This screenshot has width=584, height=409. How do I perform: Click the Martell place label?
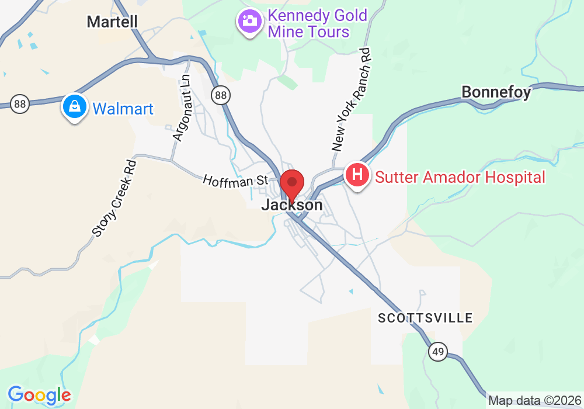click(x=112, y=22)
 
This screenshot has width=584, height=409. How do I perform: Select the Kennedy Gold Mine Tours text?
click(x=317, y=23)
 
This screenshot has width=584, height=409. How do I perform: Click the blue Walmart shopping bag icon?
click(x=75, y=107)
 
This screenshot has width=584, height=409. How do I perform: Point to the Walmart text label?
click(x=123, y=109)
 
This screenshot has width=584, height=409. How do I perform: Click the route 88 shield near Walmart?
click(x=20, y=105)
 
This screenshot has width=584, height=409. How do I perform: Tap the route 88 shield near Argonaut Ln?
click(x=220, y=95)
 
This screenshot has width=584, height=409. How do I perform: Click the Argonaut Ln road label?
click(x=182, y=106)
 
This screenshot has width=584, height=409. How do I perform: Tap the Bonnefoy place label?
click(x=496, y=92)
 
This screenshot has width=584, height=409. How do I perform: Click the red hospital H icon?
click(x=358, y=175)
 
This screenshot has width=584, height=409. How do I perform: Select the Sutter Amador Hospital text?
click(x=460, y=177)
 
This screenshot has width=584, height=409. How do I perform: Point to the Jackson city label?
click(x=292, y=205)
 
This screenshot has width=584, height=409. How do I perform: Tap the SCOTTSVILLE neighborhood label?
click(x=425, y=318)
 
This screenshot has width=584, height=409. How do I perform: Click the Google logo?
click(x=39, y=396)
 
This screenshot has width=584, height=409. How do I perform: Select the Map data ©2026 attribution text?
click(x=535, y=401)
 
